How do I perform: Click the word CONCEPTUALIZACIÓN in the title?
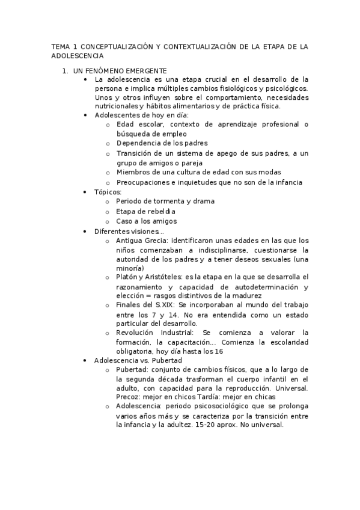click(112, 46)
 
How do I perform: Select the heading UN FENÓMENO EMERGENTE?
click(120, 71)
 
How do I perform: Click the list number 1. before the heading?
click(66, 71)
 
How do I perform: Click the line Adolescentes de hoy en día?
click(133, 115)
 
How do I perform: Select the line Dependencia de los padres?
click(162, 143)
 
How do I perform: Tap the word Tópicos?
click(108, 192)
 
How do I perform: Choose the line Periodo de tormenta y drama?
click(165, 201)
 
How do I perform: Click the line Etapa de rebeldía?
click(146, 211)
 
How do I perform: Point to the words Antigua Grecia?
click(141, 241)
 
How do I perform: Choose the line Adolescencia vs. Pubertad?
click(138, 360)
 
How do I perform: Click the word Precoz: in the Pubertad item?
click(128, 397)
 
